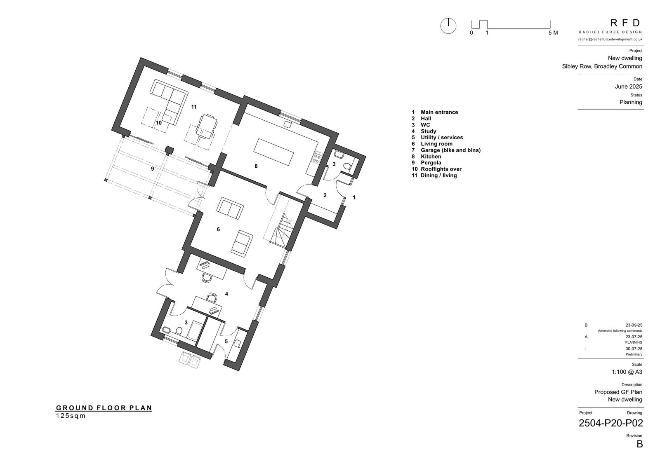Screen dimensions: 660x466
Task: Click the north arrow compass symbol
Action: pos(448,26)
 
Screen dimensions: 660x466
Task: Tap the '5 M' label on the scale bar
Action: pos(553,33)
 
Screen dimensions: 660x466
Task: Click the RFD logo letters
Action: pos(625,23)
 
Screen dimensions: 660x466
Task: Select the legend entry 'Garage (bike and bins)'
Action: pos(450,150)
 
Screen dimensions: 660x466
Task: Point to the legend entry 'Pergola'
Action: pos(431,163)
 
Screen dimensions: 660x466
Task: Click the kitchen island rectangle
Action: pos(274,152)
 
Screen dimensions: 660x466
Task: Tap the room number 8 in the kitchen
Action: pos(256,166)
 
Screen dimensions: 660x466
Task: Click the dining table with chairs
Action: pos(207,126)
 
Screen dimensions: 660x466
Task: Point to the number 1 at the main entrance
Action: pos(354,197)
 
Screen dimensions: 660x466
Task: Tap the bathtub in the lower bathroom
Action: pos(194,331)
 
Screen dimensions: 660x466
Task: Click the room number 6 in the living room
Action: pos(218,229)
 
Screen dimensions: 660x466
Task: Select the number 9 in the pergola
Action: pos(152,169)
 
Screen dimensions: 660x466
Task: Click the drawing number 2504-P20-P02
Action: pos(611,423)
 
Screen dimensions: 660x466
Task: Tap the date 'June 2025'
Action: pos(629,87)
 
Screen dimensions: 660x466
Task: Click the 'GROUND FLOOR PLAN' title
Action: pos(104,408)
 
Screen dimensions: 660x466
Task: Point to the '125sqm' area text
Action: pos(71,416)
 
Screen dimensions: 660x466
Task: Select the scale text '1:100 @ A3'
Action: pos(627,372)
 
